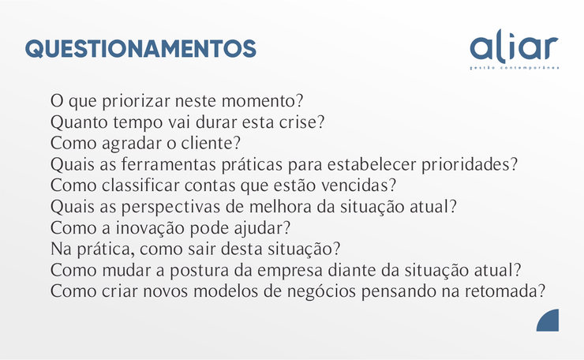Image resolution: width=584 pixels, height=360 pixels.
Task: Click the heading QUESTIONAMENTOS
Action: coord(140,49)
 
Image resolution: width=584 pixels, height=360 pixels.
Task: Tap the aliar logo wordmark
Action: coord(514,47)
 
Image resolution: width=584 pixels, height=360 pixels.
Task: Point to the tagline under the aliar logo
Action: coord(515,68)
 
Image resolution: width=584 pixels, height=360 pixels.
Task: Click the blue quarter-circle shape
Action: coord(548,321)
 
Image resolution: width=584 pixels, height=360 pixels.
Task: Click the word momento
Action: coord(259,101)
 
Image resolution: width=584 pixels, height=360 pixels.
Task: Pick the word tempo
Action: coord(137,123)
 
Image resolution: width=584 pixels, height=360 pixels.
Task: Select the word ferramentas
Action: coord(169,164)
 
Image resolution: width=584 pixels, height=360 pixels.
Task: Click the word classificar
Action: coord(140,186)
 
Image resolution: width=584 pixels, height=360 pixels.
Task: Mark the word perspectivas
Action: coord(170,208)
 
